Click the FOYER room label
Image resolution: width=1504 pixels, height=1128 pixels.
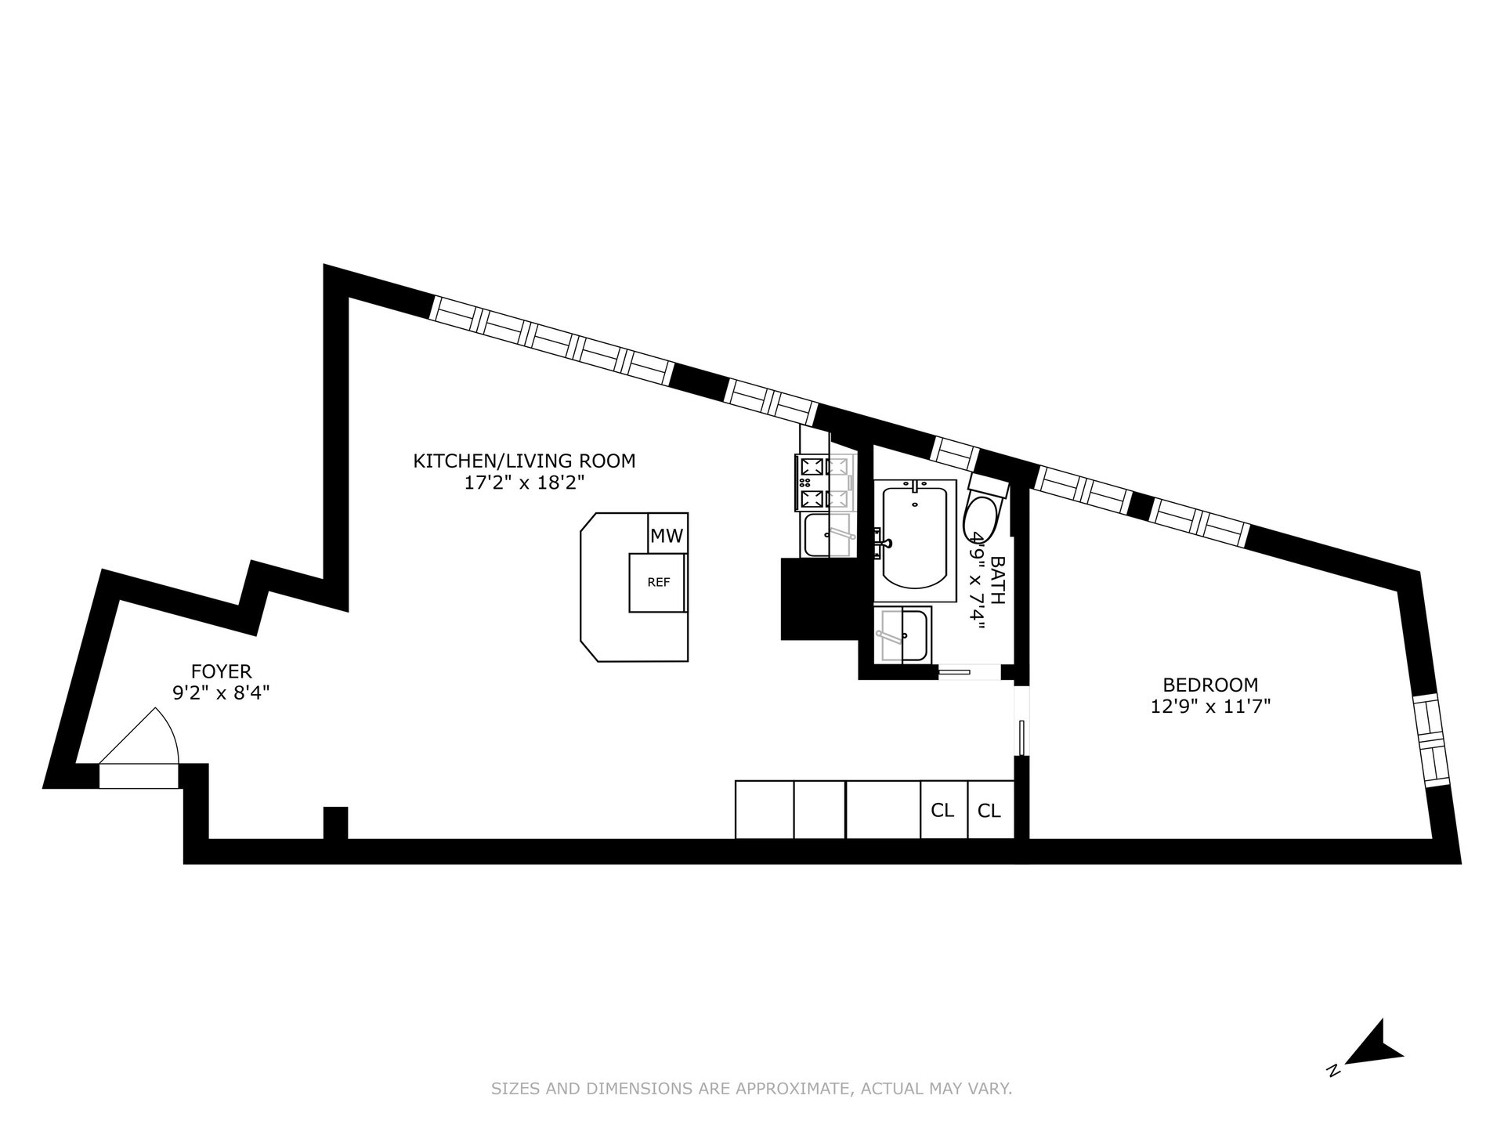pos(222,671)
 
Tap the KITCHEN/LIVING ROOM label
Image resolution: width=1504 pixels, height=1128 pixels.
pos(524,461)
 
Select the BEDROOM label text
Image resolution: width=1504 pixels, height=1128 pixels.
pos(1210,685)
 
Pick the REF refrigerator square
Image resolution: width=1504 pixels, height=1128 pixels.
pos(658,583)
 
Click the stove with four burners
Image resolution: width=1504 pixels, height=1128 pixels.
pos(825,483)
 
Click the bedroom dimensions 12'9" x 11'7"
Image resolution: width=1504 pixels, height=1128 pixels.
pos(1210,707)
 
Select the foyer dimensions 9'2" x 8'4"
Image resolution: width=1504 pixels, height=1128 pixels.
pos(222,692)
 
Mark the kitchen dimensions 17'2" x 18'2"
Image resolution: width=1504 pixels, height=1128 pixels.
pos(524,483)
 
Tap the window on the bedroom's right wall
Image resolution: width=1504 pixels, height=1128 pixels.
pos(1430,740)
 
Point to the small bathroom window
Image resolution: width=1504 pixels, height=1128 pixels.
pos(955,454)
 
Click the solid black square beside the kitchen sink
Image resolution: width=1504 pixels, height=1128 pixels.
pos(820,598)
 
